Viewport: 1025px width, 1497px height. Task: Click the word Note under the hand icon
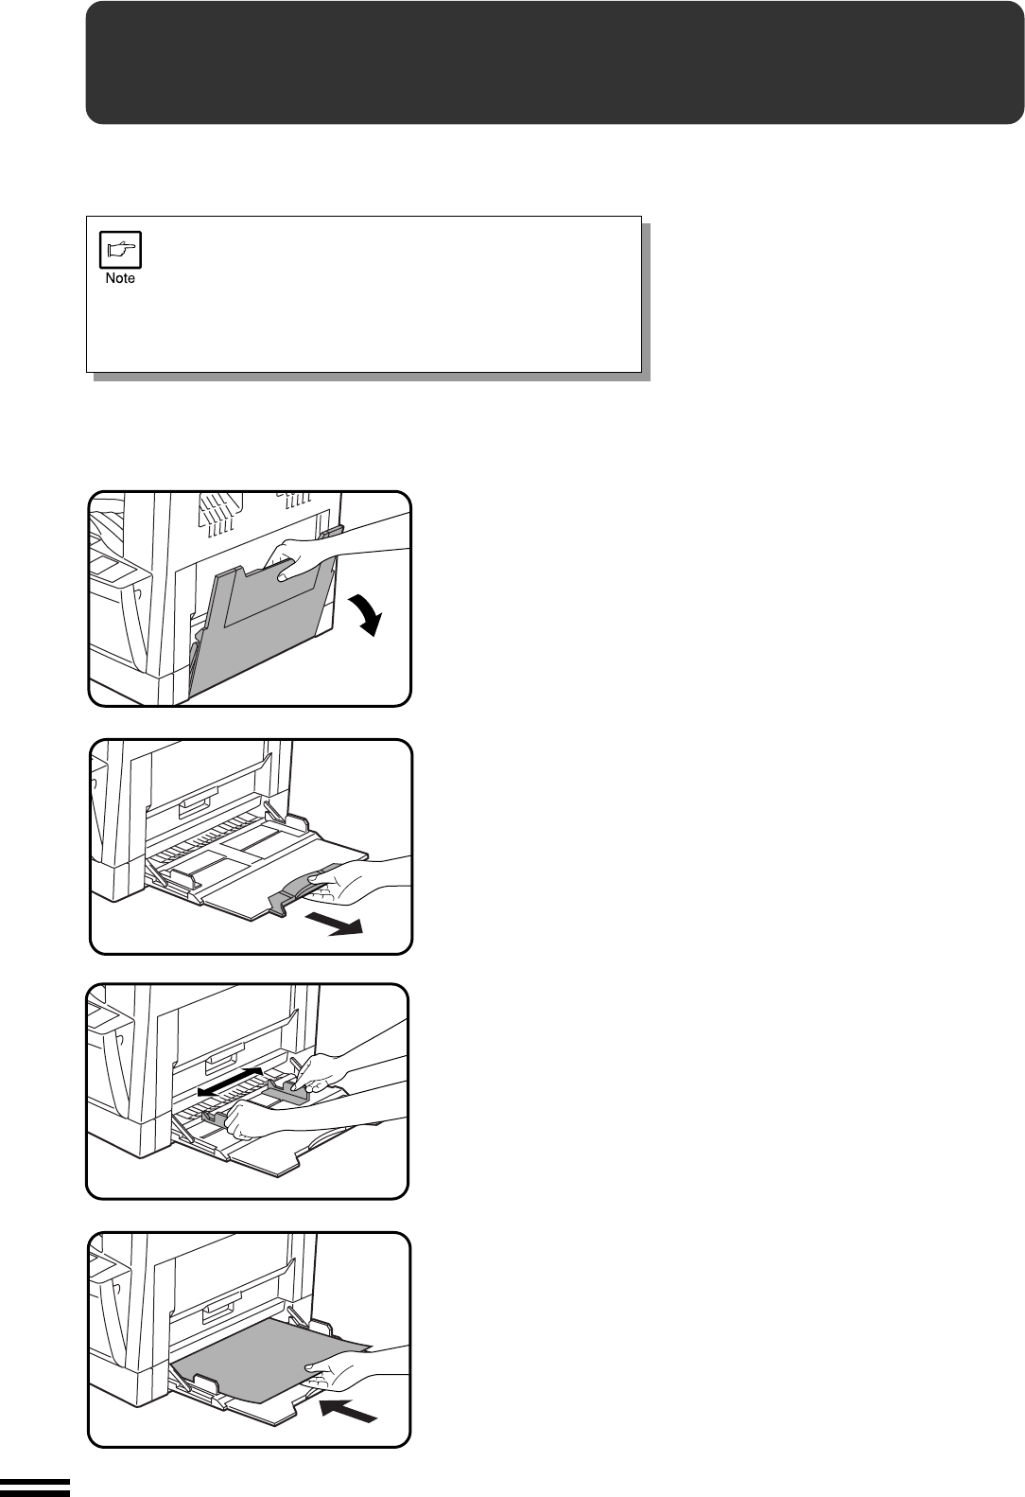click(x=120, y=278)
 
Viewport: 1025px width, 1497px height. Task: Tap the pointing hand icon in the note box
click(x=121, y=250)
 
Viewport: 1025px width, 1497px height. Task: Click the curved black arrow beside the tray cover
click(x=366, y=615)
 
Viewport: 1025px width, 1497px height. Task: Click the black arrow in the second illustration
click(x=334, y=925)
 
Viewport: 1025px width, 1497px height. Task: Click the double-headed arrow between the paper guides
click(x=231, y=1081)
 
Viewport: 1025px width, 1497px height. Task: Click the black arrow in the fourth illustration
click(x=348, y=1410)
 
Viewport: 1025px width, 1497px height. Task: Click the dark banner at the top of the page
click(x=555, y=62)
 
